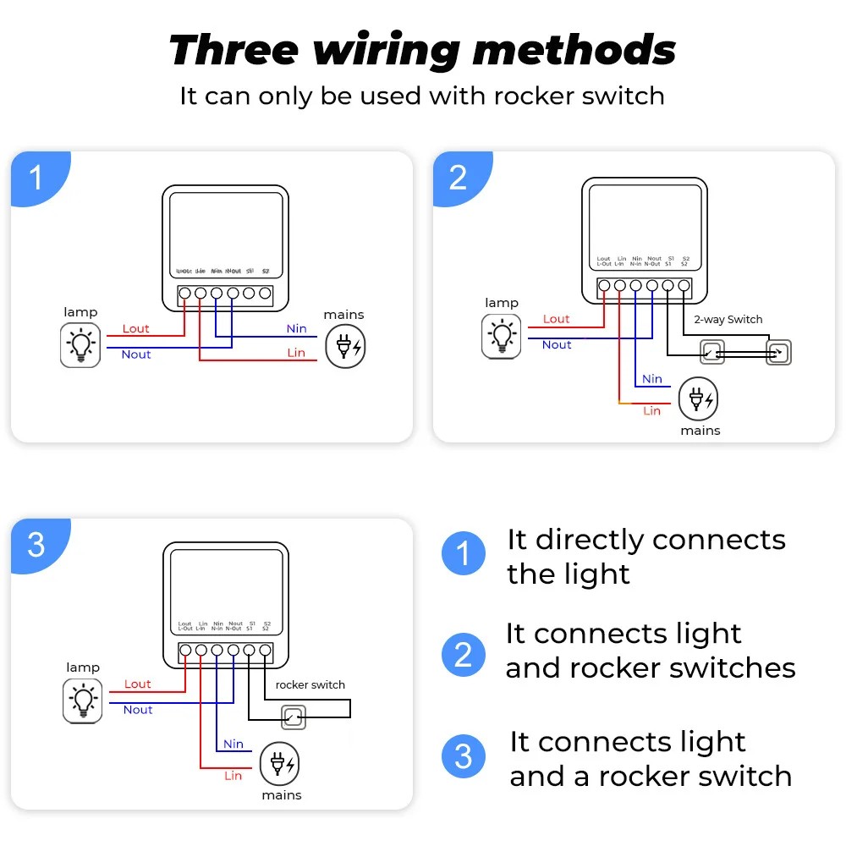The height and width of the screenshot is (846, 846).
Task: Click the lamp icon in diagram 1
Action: [80, 345]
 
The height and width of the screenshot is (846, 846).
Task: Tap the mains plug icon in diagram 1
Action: [347, 345]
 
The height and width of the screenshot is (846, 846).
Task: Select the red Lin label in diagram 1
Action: [296, 352]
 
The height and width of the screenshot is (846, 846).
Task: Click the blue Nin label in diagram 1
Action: [296, 328]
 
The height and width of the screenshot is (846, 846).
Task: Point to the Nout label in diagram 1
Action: [136, 354]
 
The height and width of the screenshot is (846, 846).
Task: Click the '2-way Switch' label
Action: [728, 320]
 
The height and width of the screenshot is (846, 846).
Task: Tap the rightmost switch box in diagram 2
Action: [778, 353]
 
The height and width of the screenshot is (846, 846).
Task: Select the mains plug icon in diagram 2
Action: [700, 398]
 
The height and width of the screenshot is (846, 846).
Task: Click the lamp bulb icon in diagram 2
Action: [502, 336]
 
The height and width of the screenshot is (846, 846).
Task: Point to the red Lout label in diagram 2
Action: [556, 319]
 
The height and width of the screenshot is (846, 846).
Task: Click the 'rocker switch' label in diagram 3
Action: [310, 684]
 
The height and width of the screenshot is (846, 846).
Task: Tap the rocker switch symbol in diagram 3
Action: [293, 718]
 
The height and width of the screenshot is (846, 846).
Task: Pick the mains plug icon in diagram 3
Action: [279, 763]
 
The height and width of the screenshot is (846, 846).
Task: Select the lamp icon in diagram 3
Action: [83, 700]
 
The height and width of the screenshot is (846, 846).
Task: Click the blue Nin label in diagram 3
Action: [233, 744]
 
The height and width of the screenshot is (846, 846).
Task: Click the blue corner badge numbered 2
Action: [458, 178]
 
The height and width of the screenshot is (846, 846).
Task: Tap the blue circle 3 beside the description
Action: [464, 756]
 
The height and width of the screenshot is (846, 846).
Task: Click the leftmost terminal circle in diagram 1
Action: [184, 294]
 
